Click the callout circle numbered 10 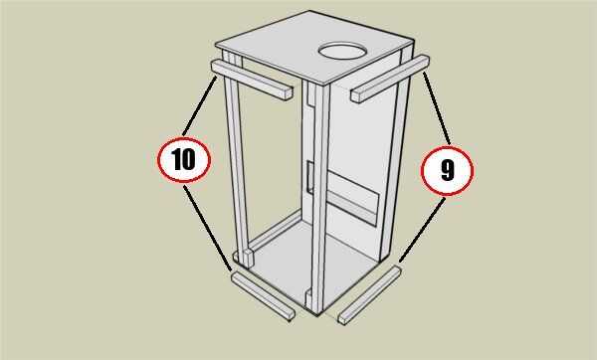184,159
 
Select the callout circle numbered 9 447,170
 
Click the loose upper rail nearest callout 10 252,80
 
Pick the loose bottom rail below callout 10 263,296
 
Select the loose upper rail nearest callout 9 390,79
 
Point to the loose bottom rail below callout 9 370,295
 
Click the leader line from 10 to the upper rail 200,106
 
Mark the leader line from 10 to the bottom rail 208,228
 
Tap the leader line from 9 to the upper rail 437,108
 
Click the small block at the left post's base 248,258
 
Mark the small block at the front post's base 308,297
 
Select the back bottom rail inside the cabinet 276,231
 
